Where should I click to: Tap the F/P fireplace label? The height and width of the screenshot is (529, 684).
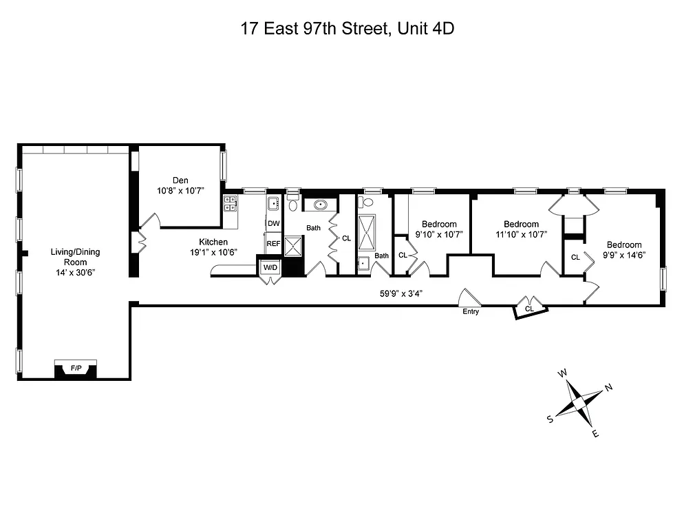click(x=76, y=369)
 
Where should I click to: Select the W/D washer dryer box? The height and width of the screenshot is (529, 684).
click(x=269, y=267)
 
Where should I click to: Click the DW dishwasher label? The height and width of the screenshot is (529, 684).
click(x=273, y=223)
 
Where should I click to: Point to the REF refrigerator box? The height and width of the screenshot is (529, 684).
click(x=273, y=243)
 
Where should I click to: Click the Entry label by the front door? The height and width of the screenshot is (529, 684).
click(x=471, y=312)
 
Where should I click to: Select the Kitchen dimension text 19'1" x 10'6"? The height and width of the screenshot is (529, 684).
click(x=213, y=252)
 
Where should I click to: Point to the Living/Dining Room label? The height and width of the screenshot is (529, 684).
click(x=75, y=257)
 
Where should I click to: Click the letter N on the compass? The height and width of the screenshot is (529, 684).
click(x=608, y=388)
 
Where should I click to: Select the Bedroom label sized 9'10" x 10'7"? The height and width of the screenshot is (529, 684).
click(x=439, y=224)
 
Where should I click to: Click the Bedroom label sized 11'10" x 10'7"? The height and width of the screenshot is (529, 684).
click(x=521, y=224)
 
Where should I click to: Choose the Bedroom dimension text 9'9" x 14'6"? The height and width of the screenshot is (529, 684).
click(x=624, y=255)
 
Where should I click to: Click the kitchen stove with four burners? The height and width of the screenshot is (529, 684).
click(x=230, y=203)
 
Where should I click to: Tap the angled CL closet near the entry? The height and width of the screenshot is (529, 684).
click(x=529, y=309)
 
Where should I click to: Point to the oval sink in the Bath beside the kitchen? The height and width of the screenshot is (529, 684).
click(x=321, y=205)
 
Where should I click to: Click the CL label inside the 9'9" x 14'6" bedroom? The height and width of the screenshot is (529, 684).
click(x=575, y=257)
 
